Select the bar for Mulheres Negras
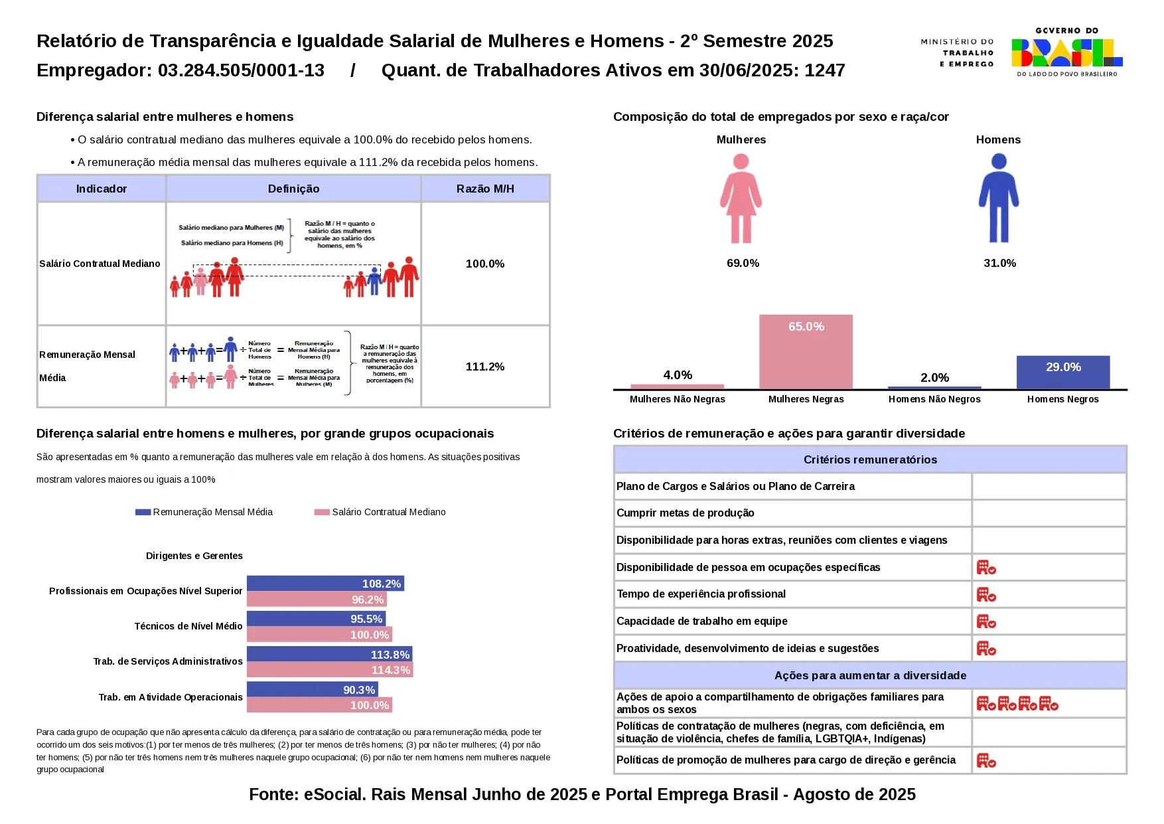(806, 352)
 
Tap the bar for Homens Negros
(1062, 372)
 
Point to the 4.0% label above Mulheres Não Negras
(678, 375)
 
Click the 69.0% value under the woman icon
(743, 263)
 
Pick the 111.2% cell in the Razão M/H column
(485, 367)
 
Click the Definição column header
(293, 189)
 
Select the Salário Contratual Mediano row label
(100, 264)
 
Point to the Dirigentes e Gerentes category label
(194, 556)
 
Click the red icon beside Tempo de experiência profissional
(986, 594)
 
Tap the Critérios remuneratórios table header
(870, 459)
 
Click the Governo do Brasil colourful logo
(1066, 52)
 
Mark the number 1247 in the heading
(825, 70)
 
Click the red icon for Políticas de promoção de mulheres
(986, 760)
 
